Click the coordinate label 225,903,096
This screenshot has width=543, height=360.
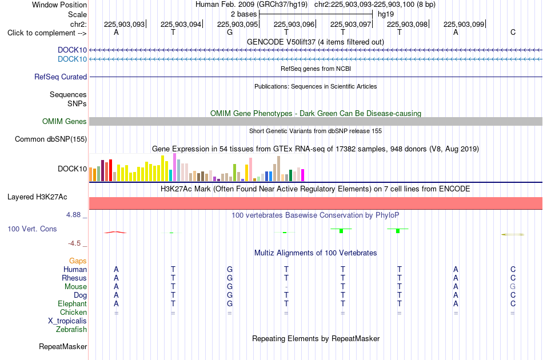(294, 24)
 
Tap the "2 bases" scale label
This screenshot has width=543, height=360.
(244, 14)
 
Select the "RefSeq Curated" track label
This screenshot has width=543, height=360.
(61, 77)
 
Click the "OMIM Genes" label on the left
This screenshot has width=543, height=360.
(65, 122)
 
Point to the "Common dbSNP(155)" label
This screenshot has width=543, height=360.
(51, 139)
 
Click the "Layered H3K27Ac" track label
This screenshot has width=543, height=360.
(37, 197)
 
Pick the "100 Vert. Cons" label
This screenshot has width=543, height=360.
(32, 229)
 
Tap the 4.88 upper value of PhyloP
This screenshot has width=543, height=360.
(73, 215)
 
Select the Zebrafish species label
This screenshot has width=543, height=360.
(71, 330)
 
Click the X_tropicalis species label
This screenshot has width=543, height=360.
(67, 321)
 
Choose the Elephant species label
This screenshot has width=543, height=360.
(73, 303)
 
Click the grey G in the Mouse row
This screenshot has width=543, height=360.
(513, 287)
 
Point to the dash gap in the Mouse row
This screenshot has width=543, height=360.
(286, 287)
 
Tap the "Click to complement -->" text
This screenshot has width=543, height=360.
(47, 33)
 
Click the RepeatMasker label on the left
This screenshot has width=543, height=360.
(63, 346)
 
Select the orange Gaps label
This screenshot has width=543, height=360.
(78, 261)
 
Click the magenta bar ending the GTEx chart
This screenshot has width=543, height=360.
(303, 175)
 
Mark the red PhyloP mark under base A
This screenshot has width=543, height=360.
(115, 232)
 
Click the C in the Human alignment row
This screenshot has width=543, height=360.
(513, 269)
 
